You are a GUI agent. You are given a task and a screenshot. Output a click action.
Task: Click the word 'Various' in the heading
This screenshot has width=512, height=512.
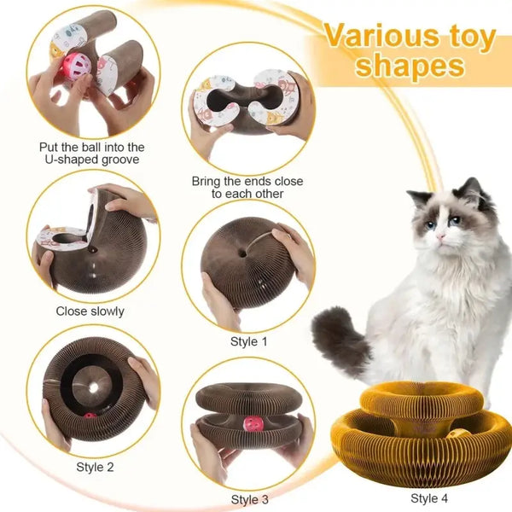click(x=381, y=36)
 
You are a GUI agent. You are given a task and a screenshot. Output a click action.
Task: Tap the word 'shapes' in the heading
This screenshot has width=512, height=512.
click(x=410, y=66)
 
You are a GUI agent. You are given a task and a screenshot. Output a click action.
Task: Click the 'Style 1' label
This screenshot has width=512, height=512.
click(x=249, y=341)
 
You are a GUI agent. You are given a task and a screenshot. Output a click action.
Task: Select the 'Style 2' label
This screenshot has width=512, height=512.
click(x=95, y=468)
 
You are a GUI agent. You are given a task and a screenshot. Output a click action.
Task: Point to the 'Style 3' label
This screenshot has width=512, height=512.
click(x=250, y=499)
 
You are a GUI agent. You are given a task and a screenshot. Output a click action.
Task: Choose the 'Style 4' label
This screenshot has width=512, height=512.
click(x=429, y=498)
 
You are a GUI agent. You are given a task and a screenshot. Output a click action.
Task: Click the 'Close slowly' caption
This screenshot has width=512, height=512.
click(x=90, y=311)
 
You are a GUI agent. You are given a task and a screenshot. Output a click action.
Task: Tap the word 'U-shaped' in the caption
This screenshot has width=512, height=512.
click(x=71, y=160)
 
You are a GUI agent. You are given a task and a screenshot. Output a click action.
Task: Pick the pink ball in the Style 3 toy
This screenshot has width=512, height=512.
click(x=254, y=424)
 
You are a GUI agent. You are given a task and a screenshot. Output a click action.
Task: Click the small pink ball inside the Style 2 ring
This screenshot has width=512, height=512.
click(x=90, y=416)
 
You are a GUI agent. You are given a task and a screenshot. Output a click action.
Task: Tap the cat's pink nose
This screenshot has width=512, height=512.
click(x=440, y=236)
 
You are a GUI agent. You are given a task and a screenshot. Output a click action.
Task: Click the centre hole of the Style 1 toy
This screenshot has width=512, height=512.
click(x=242, y=253)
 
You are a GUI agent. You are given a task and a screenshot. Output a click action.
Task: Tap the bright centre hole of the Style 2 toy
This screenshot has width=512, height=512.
click(x=94, y=387)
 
